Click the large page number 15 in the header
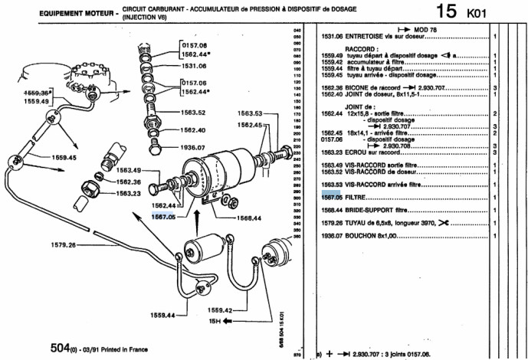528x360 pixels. pos(448,11)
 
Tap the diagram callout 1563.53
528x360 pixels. pos(248,113)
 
